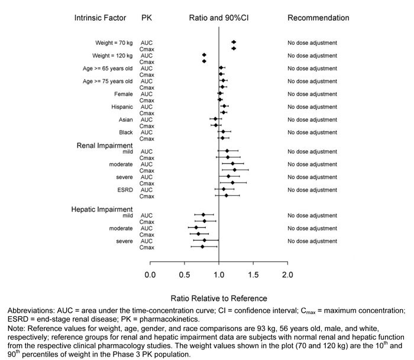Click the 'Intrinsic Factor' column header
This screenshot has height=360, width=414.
click(x=100, y=18)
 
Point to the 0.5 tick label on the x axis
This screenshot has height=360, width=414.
click(x=184, y=274)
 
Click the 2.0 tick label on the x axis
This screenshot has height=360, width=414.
click(x=287, y=274)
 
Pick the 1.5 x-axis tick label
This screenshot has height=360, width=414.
click(x=253, y=274)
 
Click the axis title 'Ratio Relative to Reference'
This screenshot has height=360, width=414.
click(x=218, y=299)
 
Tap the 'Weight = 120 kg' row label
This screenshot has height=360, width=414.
click(x=114, y=55)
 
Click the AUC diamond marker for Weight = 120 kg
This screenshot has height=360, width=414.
click(x=204, y=55)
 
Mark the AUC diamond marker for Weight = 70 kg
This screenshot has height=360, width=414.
click(x=234, y=43)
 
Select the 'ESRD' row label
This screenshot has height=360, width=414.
click(x=125, y=189)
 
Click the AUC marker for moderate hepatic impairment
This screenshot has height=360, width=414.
click(x=196, y=228)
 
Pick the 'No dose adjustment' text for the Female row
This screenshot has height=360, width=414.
click(x=312, y=94)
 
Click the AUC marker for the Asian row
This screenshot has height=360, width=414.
click(x=215, y=119)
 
